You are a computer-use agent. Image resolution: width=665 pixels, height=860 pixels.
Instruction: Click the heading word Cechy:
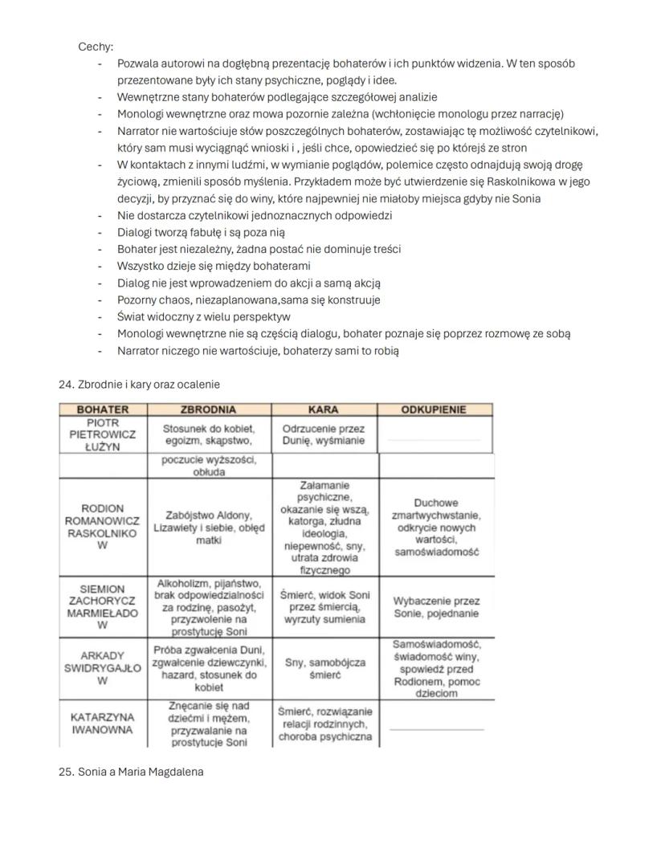click(x=96, y=47)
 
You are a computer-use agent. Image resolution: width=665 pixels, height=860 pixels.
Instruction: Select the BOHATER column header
click(x=102, y=410)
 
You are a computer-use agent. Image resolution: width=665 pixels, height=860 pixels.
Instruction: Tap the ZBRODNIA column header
click(x=209, y=410)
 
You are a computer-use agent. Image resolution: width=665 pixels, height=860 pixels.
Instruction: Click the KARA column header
click(x=324, y=410)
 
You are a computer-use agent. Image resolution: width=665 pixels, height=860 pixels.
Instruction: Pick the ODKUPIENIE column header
click(x=434, y=410)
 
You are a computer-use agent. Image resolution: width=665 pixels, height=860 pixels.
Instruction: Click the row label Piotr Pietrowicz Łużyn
click(x=102, y=434)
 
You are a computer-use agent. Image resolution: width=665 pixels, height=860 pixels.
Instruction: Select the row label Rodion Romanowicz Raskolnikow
click(x=102, y=527)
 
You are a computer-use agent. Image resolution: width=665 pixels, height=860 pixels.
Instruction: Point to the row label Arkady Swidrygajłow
click(x=102, y=668)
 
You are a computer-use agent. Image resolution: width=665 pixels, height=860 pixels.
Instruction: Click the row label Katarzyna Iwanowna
click(x=102, y=723)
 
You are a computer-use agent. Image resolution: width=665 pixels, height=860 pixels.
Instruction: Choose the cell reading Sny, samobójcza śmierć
click(x=326, y=668)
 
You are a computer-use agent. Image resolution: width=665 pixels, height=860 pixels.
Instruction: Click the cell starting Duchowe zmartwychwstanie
click(x=436, y=528)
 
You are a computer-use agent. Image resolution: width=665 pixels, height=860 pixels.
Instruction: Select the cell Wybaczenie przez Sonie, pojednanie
click(x=436, y=607)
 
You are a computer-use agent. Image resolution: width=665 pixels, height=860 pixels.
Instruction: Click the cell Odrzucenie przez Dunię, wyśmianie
click(x=324, y=434)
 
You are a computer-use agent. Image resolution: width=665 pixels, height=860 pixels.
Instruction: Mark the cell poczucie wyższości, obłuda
click(x=209, y=466)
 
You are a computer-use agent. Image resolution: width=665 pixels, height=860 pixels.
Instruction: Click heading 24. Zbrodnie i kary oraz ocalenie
click(x=139, y=385)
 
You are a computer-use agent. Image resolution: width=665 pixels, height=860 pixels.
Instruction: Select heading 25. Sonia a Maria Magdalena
click(x=131, y=772)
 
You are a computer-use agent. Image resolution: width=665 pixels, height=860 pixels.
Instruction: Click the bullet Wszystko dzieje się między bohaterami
click(x=214, y=266)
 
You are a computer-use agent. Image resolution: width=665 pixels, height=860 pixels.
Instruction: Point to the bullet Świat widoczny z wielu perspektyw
click(x=203, y=316)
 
